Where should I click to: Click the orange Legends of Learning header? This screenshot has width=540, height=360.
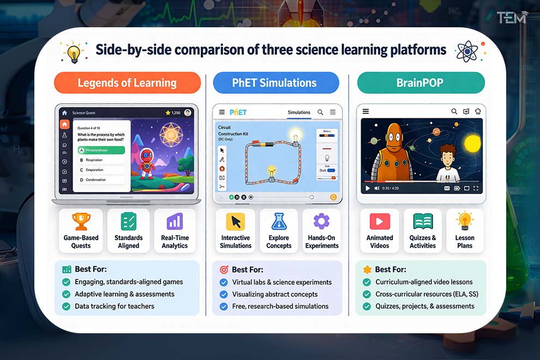click(x=127, y=83)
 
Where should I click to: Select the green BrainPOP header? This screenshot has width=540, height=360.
click(x=421, y=83)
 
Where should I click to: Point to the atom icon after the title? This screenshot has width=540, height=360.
click(x=466, y=51)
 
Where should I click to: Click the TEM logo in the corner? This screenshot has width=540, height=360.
click(x=512, y=17)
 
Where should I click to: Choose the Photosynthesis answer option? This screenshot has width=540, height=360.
click(x=101, y=149)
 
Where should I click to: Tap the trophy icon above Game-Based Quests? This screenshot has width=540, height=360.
click(x=81, y=221)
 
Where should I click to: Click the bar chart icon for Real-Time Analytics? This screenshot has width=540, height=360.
click(x=175, y=221)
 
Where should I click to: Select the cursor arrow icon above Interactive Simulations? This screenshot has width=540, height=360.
click(x=236, y=221)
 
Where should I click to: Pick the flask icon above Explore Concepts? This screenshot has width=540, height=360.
click(x=279, y=221)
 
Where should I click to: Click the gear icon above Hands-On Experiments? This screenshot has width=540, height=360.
click(x=322, y=221)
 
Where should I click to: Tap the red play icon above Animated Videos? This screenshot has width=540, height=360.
click(x=380, y=221)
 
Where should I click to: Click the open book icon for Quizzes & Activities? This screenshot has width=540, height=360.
click(x=423, y=221)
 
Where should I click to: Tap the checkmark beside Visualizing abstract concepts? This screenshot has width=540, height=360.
click(x=223, y=295)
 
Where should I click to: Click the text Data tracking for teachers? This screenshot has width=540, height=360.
click(x=115, y=307)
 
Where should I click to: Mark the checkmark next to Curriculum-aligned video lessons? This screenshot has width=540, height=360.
click(x=367, y=283)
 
